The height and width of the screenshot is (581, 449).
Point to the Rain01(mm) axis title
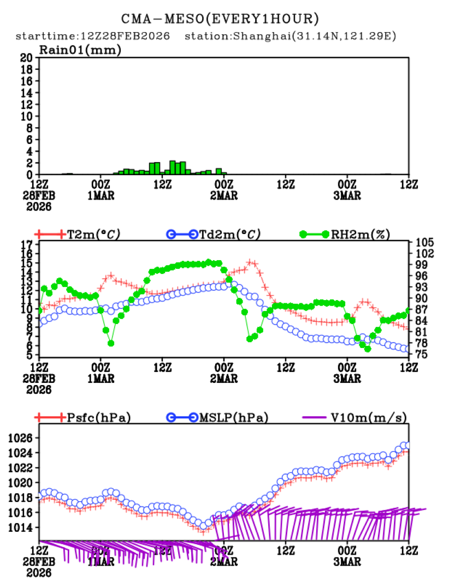pos(80,50)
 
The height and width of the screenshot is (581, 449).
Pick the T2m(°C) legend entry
pos(93,234)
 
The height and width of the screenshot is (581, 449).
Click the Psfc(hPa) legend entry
pos(98,418)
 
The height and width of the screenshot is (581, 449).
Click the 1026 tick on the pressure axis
pos(21,438)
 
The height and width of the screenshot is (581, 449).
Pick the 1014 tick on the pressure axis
pos(21,528)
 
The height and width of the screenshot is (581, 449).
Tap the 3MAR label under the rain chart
pos(347,196)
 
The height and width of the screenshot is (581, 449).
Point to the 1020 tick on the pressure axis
pos(21,483)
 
